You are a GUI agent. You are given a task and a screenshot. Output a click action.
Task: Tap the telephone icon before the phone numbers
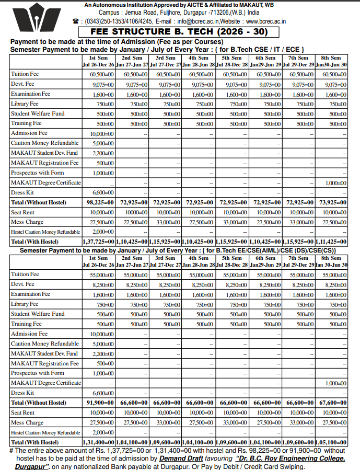(x=76, y=21)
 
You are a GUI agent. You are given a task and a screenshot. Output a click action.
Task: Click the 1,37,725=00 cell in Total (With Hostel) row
(x=99, y=242)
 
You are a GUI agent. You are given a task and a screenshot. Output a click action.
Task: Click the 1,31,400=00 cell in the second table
(x=99, y=442)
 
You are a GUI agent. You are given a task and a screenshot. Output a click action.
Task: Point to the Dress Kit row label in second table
(x=22, y=393)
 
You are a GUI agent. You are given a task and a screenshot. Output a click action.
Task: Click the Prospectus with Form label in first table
(x=38, y=173)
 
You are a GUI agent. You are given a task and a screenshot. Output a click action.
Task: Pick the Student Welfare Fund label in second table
(x=38, y=314)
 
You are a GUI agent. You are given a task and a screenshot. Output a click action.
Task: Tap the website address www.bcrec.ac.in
(x=265, y=21)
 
